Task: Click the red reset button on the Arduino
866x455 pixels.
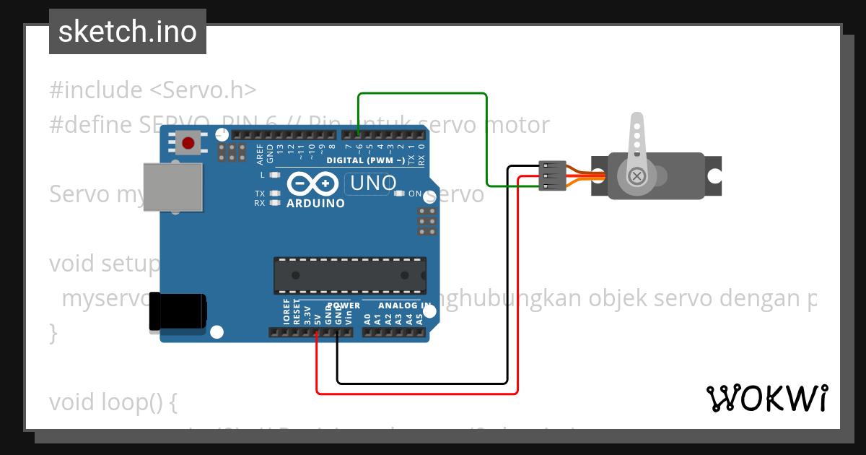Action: [189, 142]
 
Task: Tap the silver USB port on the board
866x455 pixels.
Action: [172, 186]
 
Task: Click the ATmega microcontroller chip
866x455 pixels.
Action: [349, 275]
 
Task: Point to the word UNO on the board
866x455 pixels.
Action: [372, 184]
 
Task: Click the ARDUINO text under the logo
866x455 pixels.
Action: [315, 204]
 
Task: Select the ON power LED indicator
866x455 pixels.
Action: [400, 194]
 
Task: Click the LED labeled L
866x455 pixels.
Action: [274, 175]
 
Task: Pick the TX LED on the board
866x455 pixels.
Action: [274, 194]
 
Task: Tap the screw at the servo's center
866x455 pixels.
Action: [637, 175]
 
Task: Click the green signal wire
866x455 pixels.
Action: [423, 94]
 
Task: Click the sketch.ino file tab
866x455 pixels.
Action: [128, 32]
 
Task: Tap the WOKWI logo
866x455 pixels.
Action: [766, 399]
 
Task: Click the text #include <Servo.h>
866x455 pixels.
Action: [153, 90]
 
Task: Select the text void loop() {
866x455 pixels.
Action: [113, 402]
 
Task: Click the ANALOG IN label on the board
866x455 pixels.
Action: [396, 305]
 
